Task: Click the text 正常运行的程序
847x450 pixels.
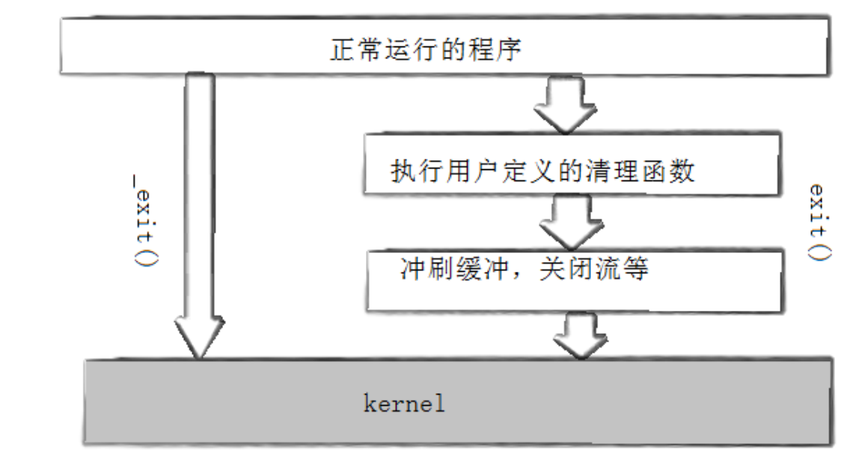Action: pos(424,50)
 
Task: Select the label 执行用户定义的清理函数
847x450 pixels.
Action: pos(543,172)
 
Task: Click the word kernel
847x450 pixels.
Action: pos(404,405)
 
